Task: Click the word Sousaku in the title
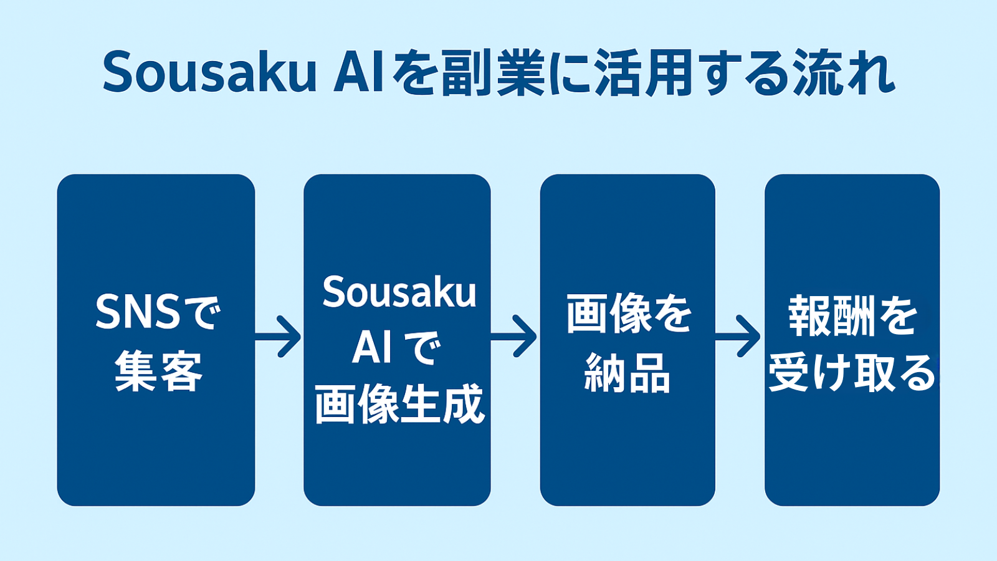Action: pos(210,73)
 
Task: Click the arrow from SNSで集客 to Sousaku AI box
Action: pos(279,337)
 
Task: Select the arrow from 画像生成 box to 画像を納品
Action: pos(515,337)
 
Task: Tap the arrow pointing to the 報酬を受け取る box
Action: pos(739,337)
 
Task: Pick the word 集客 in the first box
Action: pos(158,372)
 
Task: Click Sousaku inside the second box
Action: pos(399,292)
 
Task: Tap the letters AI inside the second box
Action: pos(372,347)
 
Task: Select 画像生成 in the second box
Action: pos(399,404)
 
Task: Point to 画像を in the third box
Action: pos(629,314)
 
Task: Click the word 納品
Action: pos(627,373)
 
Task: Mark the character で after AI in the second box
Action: pos(422,347)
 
